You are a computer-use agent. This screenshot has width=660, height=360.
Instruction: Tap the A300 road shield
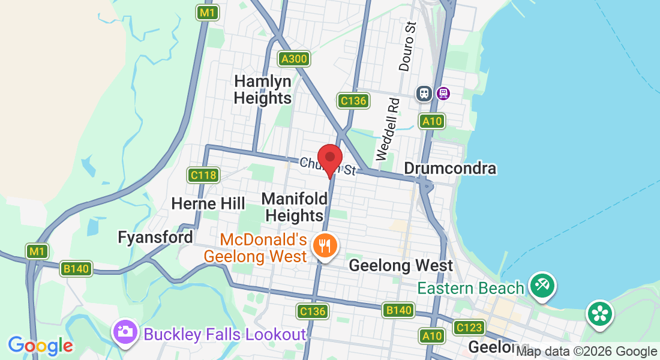pos(294,59)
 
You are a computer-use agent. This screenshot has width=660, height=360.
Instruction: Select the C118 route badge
pos(202,175)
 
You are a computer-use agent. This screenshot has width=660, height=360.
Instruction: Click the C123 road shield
pos(469,328)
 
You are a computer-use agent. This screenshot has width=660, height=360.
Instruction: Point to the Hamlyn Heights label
pos(263,89)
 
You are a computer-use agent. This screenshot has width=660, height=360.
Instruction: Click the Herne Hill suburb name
pos(208,203)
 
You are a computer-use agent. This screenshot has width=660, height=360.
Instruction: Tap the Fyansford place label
pos(155,237)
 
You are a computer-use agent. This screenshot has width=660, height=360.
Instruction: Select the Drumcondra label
pos(450,168)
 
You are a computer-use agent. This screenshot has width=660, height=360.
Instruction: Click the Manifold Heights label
pos(295,206)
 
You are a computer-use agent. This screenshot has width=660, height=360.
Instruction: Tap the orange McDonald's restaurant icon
pos(325,245)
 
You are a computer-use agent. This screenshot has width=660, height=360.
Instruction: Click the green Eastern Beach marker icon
pos(542,284)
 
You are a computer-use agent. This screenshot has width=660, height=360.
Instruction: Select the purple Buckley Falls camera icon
pos(125,332)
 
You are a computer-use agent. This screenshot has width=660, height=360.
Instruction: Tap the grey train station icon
pos(424,93)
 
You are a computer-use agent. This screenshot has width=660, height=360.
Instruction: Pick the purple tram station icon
pos(443,93)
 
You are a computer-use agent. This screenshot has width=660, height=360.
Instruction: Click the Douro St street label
pos(409,47)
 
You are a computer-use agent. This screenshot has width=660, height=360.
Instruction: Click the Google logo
pos(40,345)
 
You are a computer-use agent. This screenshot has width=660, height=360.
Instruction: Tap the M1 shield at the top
pos(208,12)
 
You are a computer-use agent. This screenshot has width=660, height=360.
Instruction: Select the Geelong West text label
pos(401,265)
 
